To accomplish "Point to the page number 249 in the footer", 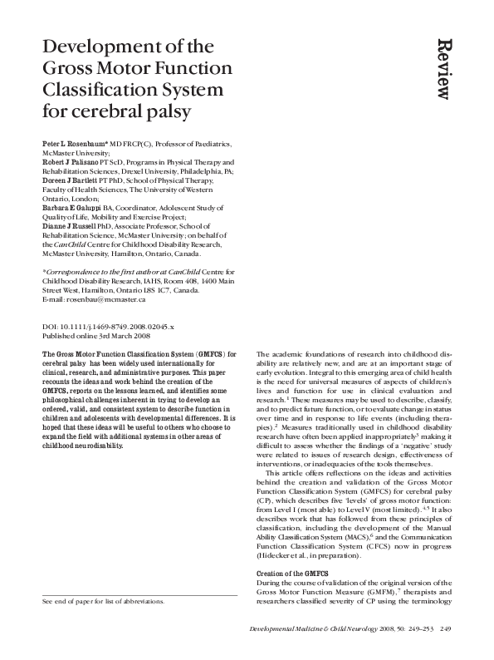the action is pos(446,630).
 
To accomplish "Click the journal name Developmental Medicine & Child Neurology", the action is pos(319,630).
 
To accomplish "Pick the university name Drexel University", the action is pos(144,171).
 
